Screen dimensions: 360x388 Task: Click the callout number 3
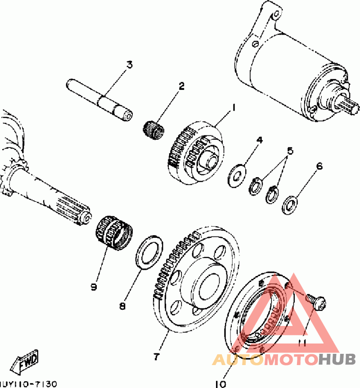130,65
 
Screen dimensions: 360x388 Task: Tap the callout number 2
181,85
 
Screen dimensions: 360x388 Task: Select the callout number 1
234,107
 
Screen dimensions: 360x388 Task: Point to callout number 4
259,140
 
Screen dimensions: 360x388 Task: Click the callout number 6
319,166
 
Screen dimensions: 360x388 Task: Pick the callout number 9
94,286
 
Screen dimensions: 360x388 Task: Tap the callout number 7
156,357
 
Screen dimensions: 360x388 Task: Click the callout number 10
220,384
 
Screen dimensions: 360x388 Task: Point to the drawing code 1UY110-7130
28,384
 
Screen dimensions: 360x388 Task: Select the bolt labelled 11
315,301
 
